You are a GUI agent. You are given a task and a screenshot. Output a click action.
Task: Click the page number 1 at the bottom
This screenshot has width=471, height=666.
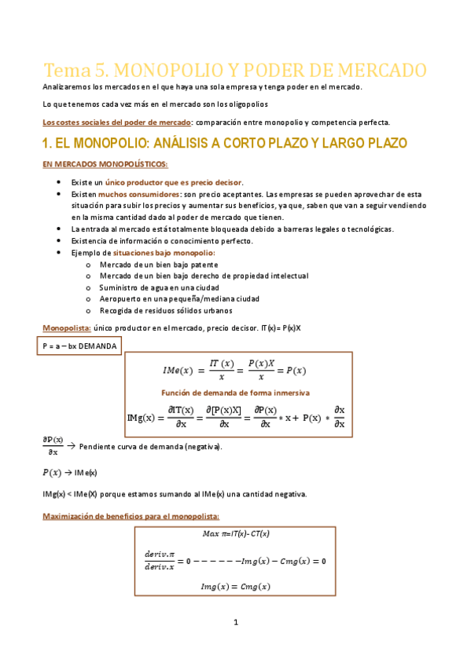[x=235, y=623]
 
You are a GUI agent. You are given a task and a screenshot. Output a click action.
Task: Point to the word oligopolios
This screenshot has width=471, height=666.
[x=245, y=104]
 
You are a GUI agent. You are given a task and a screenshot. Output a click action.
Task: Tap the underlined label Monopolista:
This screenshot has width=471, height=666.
[x=66, y=328]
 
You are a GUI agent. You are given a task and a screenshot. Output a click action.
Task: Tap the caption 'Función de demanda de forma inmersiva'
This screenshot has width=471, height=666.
[x=235, y=392]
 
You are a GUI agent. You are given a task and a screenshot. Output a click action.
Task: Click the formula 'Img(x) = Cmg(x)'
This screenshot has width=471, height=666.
[x=235, y=587]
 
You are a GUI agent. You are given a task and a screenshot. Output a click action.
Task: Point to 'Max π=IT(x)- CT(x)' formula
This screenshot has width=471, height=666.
[x=235, y=534]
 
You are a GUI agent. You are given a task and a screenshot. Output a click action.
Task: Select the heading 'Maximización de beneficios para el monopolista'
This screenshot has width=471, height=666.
[x=131, y=516]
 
